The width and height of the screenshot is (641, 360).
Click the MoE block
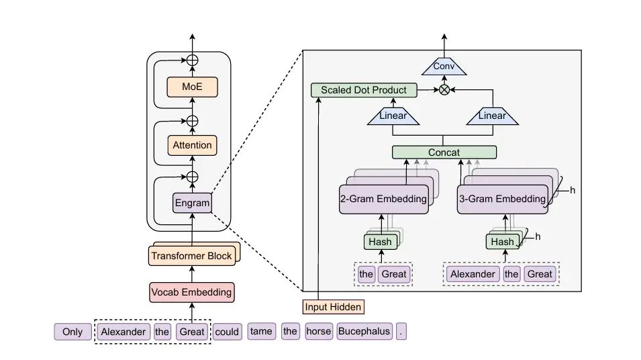pyautogui.click(x=192, y=87)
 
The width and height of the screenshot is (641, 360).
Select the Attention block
pyautogui.click(x=192, y=145)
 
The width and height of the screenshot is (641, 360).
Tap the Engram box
pyautogui.click(x=192, y=203)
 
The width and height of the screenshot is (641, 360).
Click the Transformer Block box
pyautogui.click(x=191, y=256)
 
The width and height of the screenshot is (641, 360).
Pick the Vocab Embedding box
pyautogui.click(x=191, y=292)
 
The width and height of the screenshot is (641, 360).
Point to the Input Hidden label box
pyautogui.click(x=334, y=307)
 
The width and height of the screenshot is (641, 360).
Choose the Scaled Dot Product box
pyautogui.click(x=364, y=90)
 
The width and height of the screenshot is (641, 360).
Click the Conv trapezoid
pyautogui.click(x=444, y=66)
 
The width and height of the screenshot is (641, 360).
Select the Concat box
pyautogui.click(x=444, y=152)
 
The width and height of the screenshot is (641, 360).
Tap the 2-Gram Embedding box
pyautogui.click(x=383, y=199)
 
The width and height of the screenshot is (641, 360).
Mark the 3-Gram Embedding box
pyautogui.click(x=501, y=199)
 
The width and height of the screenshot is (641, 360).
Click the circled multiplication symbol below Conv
pyautogui.click(x=444, y=90)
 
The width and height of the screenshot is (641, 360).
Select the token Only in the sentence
pyautogui.click(x=72, y=332)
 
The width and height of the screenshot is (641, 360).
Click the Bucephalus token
pyautogui.click(x=364, y=332)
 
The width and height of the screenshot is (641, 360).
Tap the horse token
pyautogui.click(x=319, y=332)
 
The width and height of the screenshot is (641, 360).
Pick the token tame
pyautogui.click(x=261, y=332)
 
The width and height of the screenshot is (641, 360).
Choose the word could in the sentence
pyautogui.click(x=227, y=332)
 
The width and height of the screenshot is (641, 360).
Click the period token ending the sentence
pyautogui.click(x=401, y=332)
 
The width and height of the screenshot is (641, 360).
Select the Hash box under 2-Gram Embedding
pyautogui.click(x=381, y=242)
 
